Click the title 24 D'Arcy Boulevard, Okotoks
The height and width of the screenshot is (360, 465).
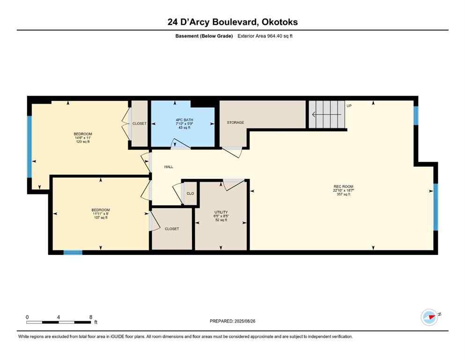[x=232, y=22]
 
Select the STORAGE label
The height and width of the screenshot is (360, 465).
[x=235, y=123]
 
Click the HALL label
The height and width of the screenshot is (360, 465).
[x=169, y=166]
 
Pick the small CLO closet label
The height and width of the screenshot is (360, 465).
[x=190, y=193]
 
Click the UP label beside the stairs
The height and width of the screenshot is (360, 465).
[x=348, y=106]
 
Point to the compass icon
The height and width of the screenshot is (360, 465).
[x=429, y=317]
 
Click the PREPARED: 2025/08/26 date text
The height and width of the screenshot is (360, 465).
[x=232, y=321]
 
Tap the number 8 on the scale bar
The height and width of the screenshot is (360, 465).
[x=90, y=317]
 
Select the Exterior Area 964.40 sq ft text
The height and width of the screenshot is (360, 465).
[x=267, y=36]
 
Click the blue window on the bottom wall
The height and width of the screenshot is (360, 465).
[x=73, y=253]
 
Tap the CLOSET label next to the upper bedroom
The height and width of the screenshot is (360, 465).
[x=139, y=123]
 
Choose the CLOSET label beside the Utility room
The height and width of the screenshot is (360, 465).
[x=171, y=229]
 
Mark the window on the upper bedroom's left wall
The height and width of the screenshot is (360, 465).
[x=29, y=146]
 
